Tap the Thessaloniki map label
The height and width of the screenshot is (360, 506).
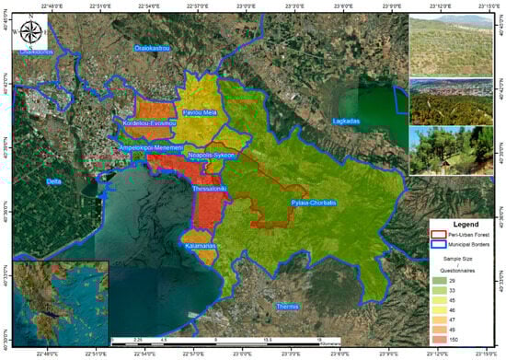pyautogui.click(x=214, y=188)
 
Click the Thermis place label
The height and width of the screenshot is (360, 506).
pyautogui.click(x=296, y=307)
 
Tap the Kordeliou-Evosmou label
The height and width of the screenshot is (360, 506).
pyautogui.click(x=148, y=122)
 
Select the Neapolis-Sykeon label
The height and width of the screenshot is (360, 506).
pyautogui.click(x=212, y=156)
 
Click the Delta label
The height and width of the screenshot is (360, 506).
pyautogui.click(x=53, y=182)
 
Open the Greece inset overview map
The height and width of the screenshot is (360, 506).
pyautogui.click(x=61, y=300)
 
